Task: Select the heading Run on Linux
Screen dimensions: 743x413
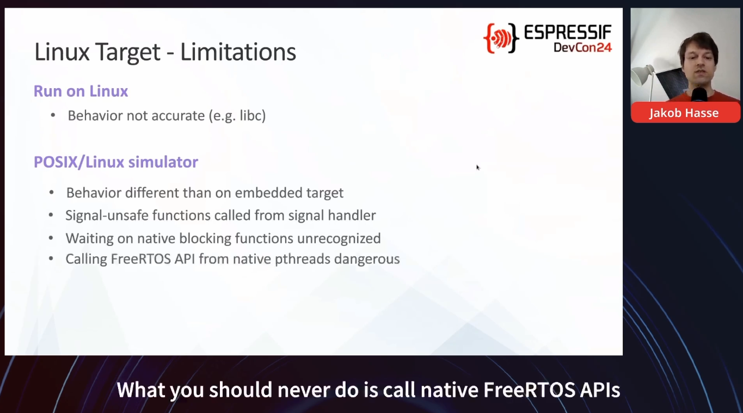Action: pyautogui.click(x=81, y=91)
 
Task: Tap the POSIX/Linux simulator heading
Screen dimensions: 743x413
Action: pyautogui.click(x=116, y=162)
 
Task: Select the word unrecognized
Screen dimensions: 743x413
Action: pyautogui.click(x=339, y=238)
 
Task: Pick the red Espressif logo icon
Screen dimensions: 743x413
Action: pyautogui.click(x=501, y=38)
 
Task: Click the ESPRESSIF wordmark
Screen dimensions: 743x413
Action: pyautogui.click(x=568, y=33)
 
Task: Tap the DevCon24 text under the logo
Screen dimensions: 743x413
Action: pyautogui.click(x=582, y=47)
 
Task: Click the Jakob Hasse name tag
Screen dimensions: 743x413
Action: pyautogui.click(x=684, y=113)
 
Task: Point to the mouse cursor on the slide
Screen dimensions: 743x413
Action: pyautogui.click(x=478, y=168)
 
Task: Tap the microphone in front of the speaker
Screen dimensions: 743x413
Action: pyautogui.click(x=699, y=95)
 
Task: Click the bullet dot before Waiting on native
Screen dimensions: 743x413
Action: pyautogui.click(x=51, y=238)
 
